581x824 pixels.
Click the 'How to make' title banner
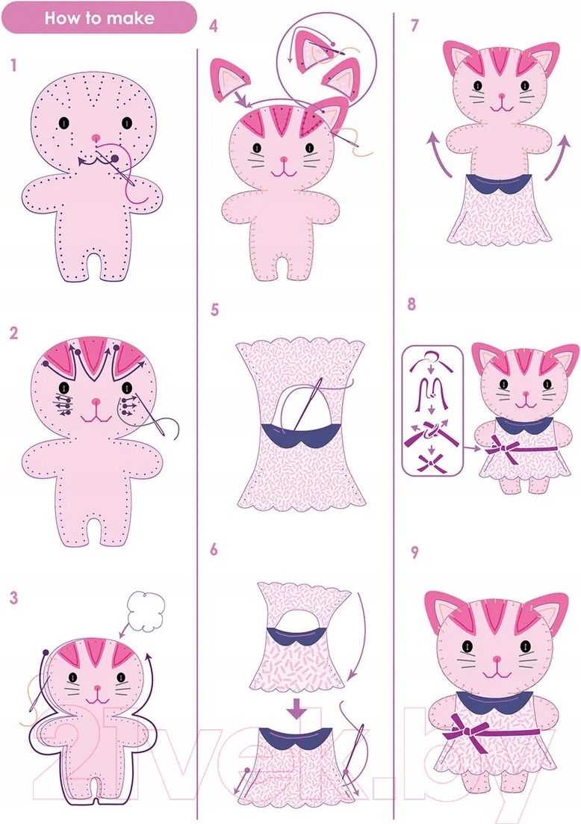[99, 19]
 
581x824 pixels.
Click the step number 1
[13, 65]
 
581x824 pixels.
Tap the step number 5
[214, 310]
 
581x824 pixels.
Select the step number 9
[414, 552]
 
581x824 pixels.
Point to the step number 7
[414, 25]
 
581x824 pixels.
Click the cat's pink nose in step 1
[96, 137]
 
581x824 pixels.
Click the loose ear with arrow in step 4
[231, 79]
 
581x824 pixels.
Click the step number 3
[13, 598]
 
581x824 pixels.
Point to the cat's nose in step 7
[502, 96]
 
